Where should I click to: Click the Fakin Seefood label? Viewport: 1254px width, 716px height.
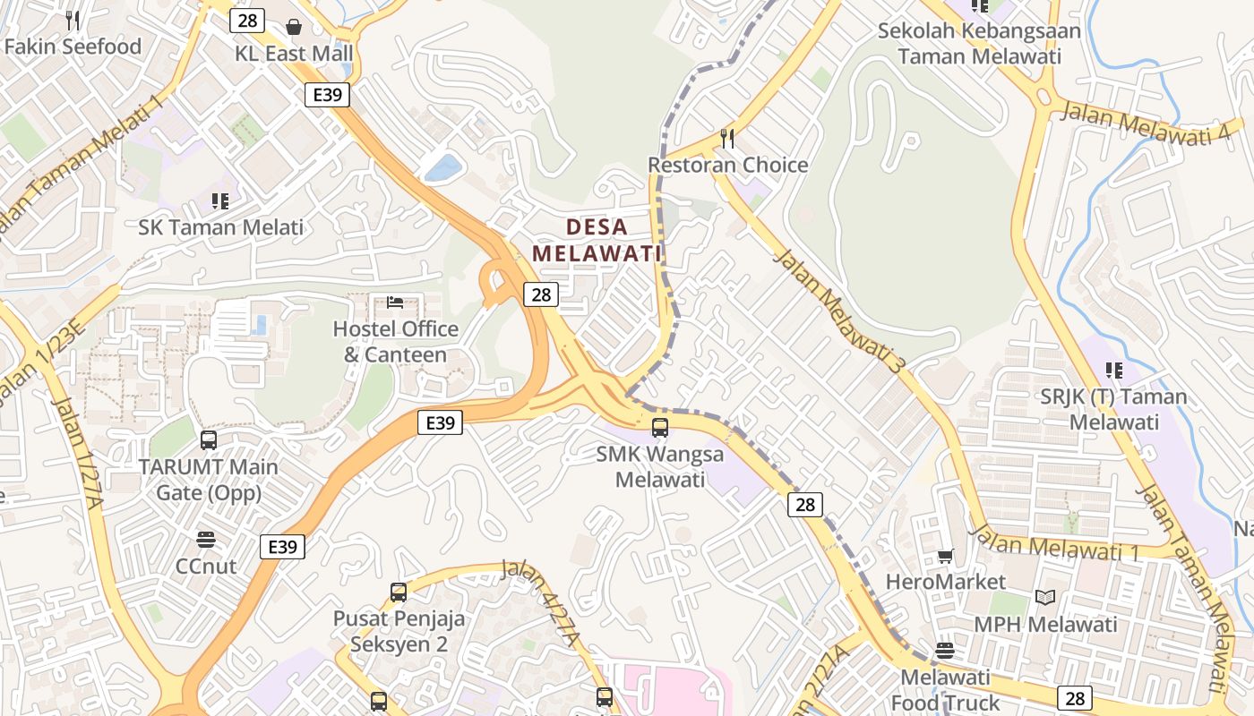(x=73, y=47)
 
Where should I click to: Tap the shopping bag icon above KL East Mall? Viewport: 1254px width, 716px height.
(x=294, y=27)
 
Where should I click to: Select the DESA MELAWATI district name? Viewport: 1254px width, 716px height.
(x=597, y=240)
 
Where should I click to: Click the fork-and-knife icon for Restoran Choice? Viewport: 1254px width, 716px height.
(x=727, y=139)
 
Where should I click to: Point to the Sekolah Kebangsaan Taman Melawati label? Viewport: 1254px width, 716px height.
(x=979, y=43)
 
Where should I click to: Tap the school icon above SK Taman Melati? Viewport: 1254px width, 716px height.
(x=220, y=201)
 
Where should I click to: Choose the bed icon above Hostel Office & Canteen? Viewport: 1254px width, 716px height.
(x=395, y=303)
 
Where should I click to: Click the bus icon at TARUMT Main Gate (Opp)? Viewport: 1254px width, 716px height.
(x=209, y=440)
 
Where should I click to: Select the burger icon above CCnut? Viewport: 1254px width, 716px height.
(x=206, y=540)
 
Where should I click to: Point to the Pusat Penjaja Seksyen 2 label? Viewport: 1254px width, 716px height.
(x=399, y=631)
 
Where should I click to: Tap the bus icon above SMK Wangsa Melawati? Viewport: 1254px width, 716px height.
(x=660, y=428)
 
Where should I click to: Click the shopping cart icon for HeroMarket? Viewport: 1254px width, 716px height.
(x=946, y=557)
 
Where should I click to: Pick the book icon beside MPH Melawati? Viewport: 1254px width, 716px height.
(x=1045, y=597)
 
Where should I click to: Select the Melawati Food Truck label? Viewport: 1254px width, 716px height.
(x=946, y=690)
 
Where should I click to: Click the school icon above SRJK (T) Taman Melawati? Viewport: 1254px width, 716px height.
(x=1114, y=370)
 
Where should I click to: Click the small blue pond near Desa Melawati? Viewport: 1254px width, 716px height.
(x=443, y=167)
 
